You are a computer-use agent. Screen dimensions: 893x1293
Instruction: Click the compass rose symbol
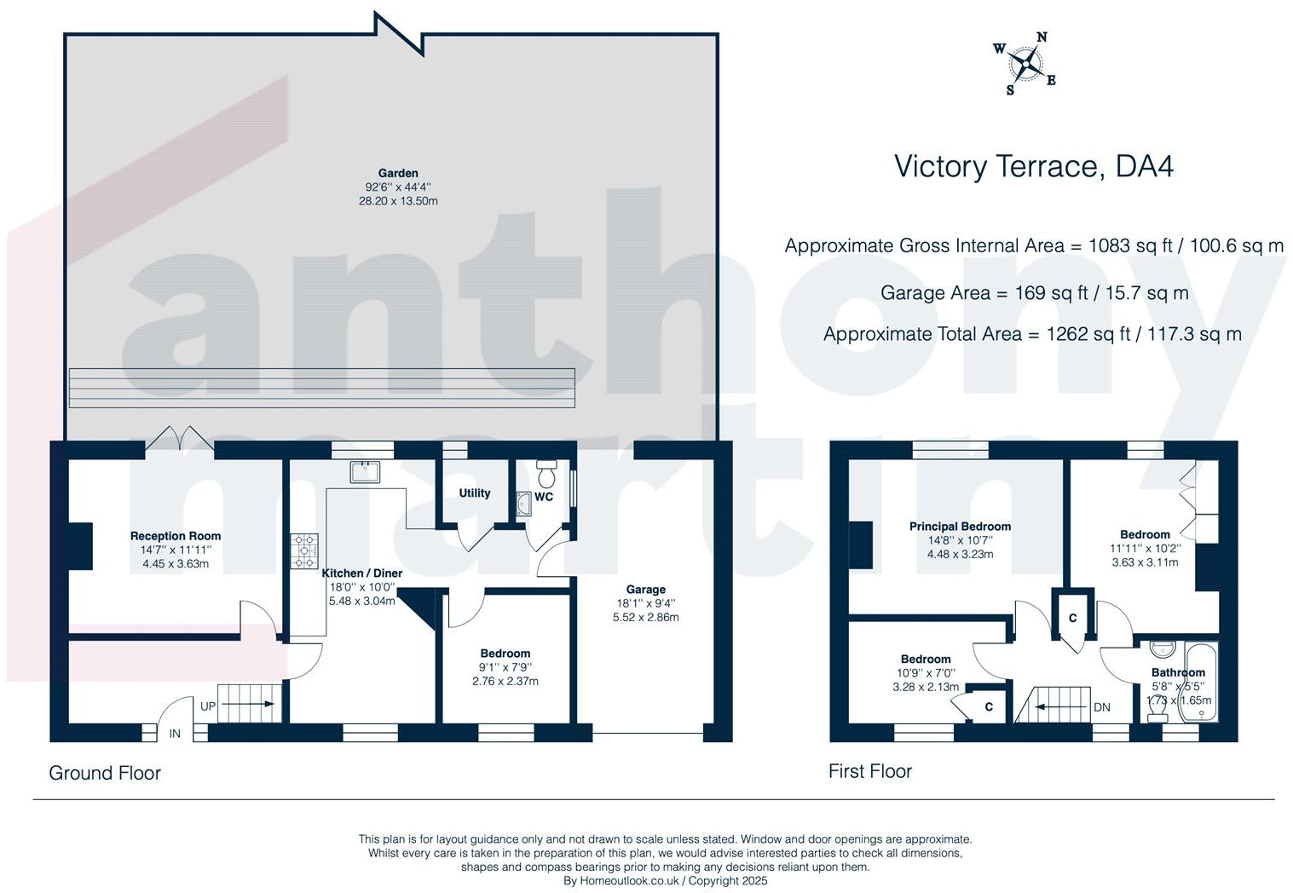point(1025,63)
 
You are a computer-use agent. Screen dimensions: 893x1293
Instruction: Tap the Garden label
point(398,173)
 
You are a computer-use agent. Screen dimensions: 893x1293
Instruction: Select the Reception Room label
point(176,536)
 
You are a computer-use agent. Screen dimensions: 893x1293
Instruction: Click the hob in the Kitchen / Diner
point(304,550)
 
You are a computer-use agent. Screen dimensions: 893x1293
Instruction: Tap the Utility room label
point(475,493)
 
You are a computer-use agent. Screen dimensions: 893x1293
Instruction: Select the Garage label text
point(645,590)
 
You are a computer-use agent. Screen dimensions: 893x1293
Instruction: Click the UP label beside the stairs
point(208,706)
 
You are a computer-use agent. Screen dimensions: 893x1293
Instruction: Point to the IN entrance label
point(175,734)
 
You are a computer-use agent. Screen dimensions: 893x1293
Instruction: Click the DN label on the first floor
point(1102,707)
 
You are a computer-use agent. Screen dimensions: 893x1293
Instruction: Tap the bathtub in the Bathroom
point(1202,682)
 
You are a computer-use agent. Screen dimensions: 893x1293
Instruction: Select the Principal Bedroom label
point(960,527)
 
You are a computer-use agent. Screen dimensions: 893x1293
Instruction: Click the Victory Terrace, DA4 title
point(1033,165)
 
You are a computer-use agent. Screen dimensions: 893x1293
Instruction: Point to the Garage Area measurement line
point(1034,293)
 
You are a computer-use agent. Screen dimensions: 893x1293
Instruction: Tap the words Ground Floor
point(105,773)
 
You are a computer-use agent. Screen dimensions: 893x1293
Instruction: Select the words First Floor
point(870,771)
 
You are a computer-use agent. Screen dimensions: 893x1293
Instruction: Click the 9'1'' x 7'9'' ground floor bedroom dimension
point(505,667)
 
